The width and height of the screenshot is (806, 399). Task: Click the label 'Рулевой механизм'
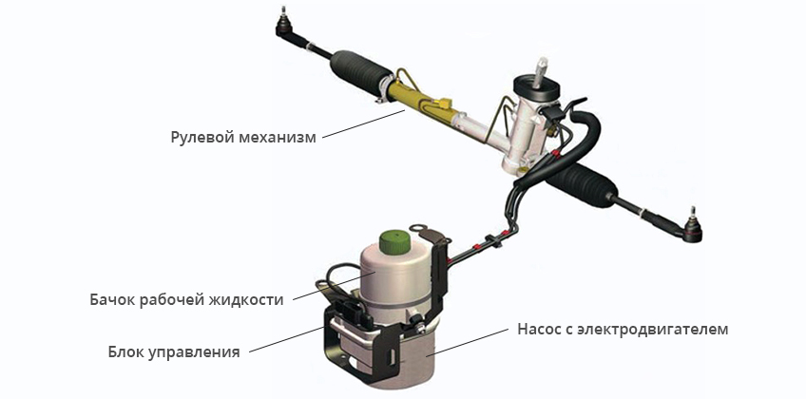pyautogui.click(x=243, y=138)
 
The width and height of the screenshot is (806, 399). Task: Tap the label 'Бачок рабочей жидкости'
pyautogui.click(x=186, y=299)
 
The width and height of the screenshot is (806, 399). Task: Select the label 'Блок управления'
pyautogui.click(x=174, y=352)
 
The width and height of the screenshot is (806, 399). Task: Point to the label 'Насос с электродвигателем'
pyautogui.click(x=623, y=329)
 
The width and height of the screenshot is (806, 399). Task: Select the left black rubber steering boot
pyautogui.click(x=357, y=71)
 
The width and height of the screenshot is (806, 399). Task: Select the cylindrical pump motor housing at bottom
pyautogui.click(x=406, y=359)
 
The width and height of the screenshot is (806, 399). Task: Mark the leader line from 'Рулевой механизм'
pyautogui.click(x=364, y=123)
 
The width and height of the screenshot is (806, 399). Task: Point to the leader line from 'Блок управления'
pyautogui.click(x=287, y=339)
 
